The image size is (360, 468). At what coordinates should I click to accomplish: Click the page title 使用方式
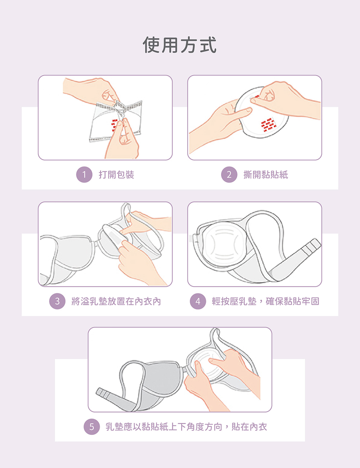tap(180, 45)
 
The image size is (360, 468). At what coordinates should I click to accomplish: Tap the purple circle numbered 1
tap(84, 174)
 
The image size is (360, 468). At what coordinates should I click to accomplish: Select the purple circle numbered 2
tap(229, 174)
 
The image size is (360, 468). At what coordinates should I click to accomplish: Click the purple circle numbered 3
tap(57, 301)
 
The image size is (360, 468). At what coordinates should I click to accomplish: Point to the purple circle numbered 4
tap(198, 301)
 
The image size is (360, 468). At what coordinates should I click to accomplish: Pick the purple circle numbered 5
tap(92, 427)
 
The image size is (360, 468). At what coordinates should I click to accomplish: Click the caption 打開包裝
tap(116, 174)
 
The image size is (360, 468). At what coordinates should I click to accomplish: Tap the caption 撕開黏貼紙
tap(266, 174)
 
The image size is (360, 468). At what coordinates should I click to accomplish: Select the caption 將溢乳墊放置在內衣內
tap(116, 301)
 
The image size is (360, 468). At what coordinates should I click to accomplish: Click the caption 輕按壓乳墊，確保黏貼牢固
tap(266, 301)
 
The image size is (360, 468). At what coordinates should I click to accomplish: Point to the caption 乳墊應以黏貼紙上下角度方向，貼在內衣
tap(186, 427)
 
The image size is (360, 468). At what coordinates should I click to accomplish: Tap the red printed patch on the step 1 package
tap(114, 125)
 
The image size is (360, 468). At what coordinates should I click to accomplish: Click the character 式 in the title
tap(208, 45)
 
